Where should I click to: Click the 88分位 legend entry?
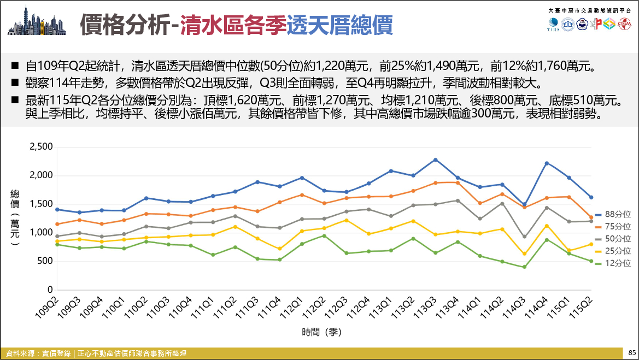(x=613, y=214)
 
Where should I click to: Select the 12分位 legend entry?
(x=613, y=263)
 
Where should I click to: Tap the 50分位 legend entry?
(x=613, y=239)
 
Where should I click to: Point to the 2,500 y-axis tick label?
(x=41, y=146)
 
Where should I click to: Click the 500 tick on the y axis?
(x=45, y=261)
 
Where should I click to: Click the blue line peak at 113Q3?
(x=435, y=160)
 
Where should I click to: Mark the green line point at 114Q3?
(x=525, y=267)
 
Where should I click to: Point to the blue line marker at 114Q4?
(x=547, y=163)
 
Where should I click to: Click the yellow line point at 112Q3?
(x=347, y=220)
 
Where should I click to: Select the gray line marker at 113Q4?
(x=458, y=200)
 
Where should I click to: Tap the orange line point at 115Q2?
(x=591, y=217)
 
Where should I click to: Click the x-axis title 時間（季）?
(x=321, y=332)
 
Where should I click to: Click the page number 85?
(x=632, y=353)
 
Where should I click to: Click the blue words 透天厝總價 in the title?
(x=339, y=25)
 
